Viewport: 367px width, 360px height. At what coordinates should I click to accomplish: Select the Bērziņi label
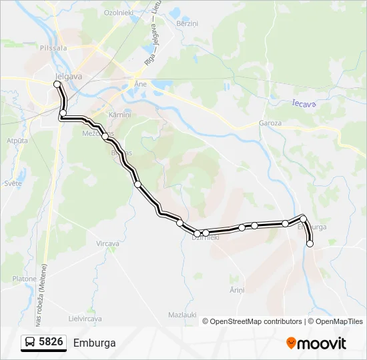pyautogui.click(x=188, y=23)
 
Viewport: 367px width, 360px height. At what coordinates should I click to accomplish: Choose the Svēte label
pyautogui.click(x=13, y=183)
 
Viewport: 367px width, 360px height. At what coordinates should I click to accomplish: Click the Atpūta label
pyautogui.click(x=17, y=141)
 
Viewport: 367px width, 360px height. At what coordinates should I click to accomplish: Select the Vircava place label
pyautogui.click(x=107, y=244)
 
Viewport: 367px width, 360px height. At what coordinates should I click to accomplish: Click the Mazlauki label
pyautogui.click(x=181, y=314)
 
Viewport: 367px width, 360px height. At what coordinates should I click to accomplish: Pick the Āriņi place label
pyautogui.click(x=237, y=290)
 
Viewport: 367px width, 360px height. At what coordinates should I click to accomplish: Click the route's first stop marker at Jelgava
pyautogui.click(x=57, y=84)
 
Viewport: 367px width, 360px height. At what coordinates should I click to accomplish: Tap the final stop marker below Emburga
pyautogui.click(x=310, y=244)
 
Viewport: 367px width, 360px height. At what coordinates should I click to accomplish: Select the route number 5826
pyautogui.click(x=51, y=343)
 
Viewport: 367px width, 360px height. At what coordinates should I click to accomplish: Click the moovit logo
pyautogui.click(x=316, y=343)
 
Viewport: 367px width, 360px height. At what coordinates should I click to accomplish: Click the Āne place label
pyautogui.click(x=140, y=85)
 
